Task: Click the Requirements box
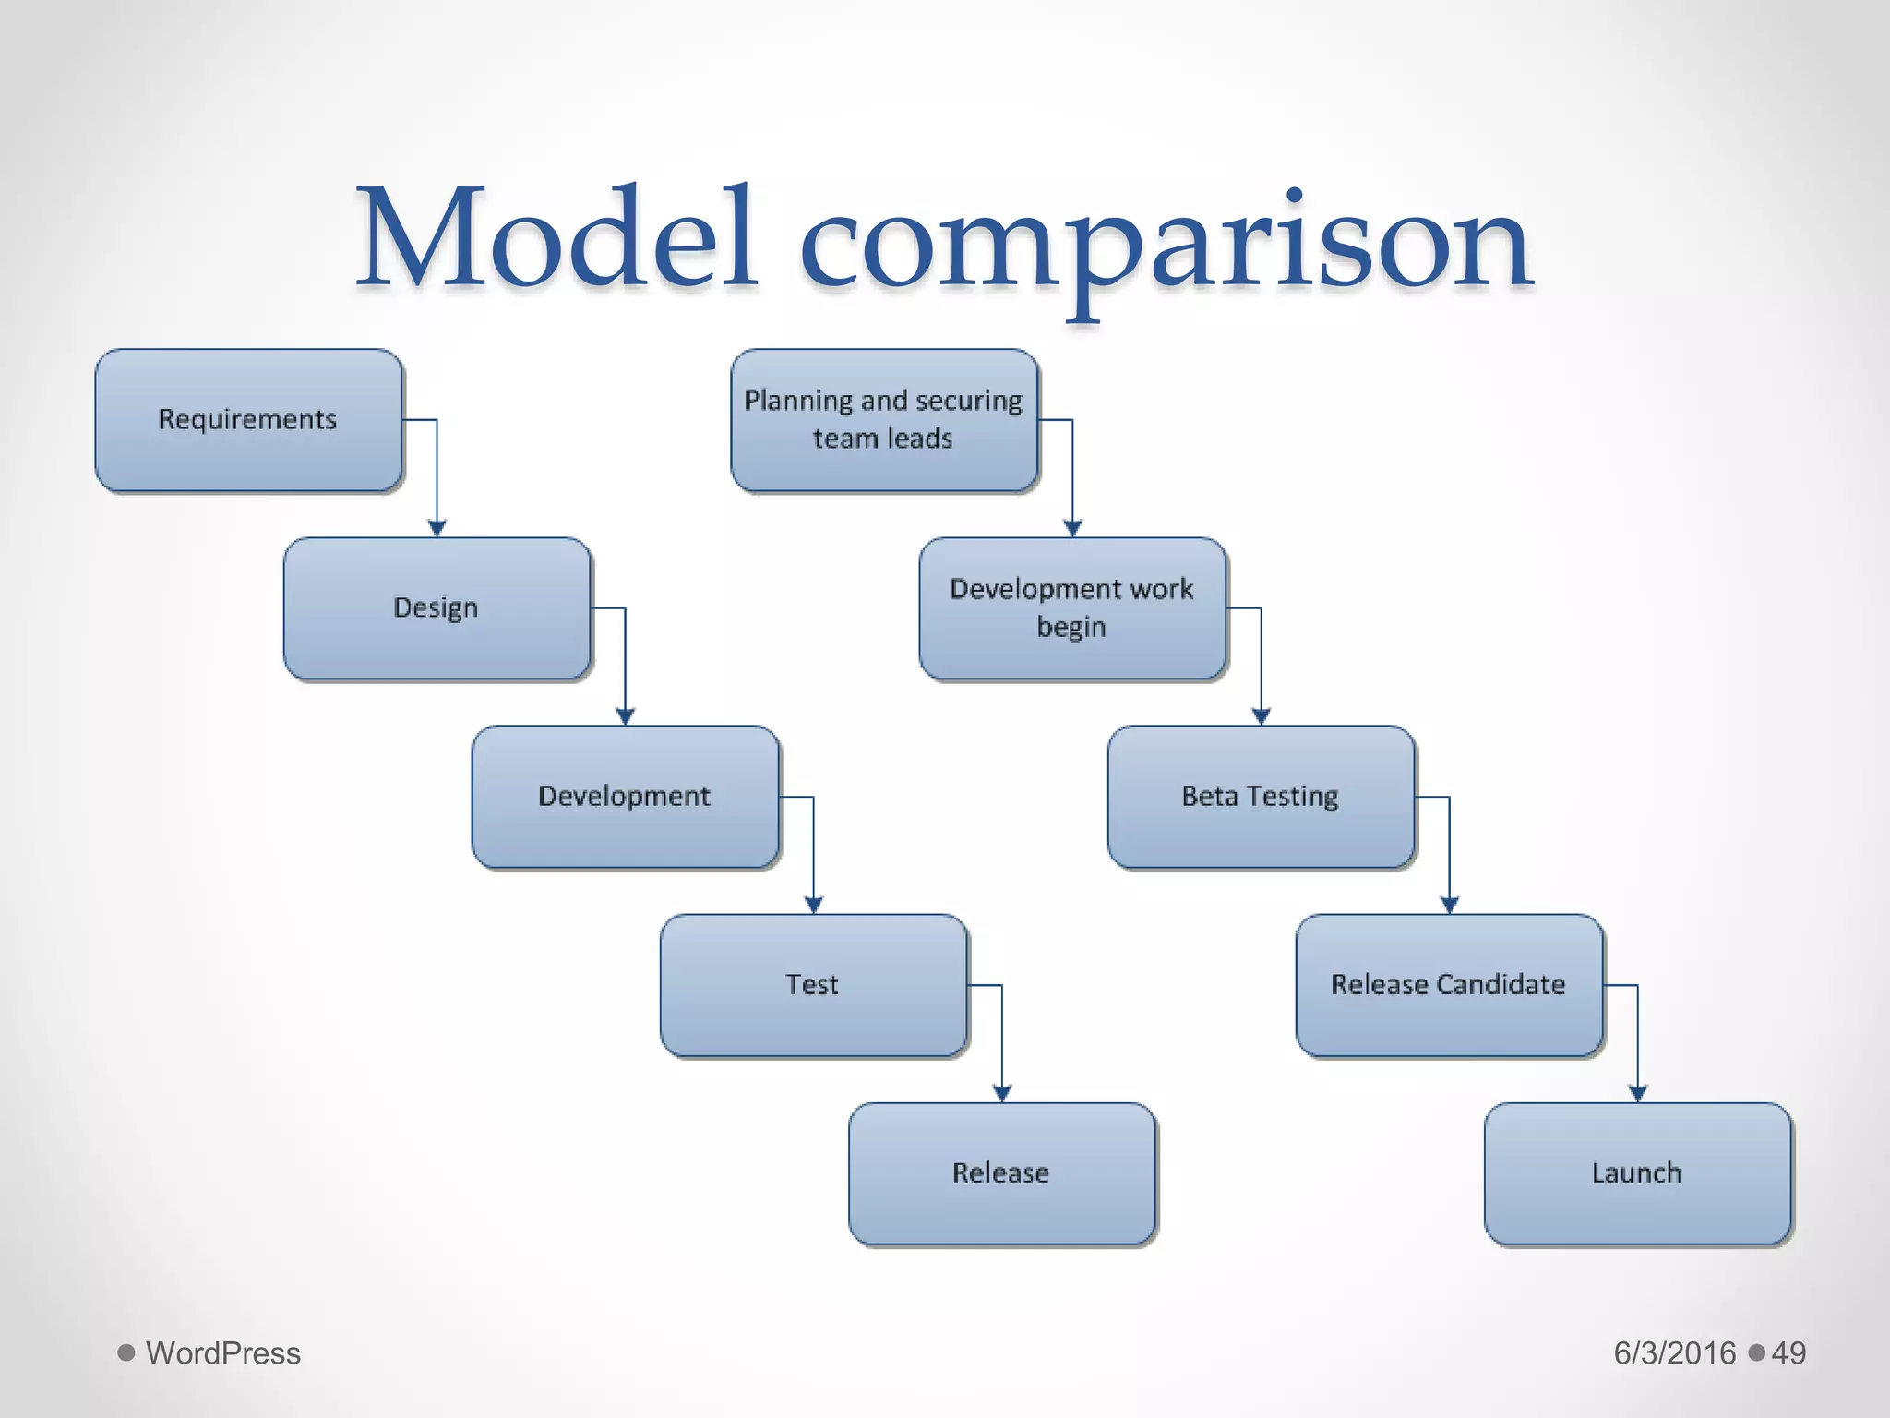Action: coord(248,420)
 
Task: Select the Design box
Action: coord(437,608)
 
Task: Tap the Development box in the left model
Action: coord(625,797)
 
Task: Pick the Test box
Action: coord(813,985)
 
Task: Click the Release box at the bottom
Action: coord(1001,1173)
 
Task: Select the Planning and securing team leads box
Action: coord(884,420)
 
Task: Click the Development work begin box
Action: coord(1072,608)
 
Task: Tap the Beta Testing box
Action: coord(1261,797)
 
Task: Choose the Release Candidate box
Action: coord(1449,985)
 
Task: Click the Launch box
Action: coord(1637,1173)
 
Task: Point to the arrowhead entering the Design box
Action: coord(437,528)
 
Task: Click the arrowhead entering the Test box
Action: coord(814,905)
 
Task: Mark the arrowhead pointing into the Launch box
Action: coord(1638,1093)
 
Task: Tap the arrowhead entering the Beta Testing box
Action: coord(1262,716)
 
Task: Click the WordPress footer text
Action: coord(223,1353)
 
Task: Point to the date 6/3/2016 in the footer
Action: coord(1674,1353)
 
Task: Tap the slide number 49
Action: coord(1788,1353)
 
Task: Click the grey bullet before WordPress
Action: coord(126,1353)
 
